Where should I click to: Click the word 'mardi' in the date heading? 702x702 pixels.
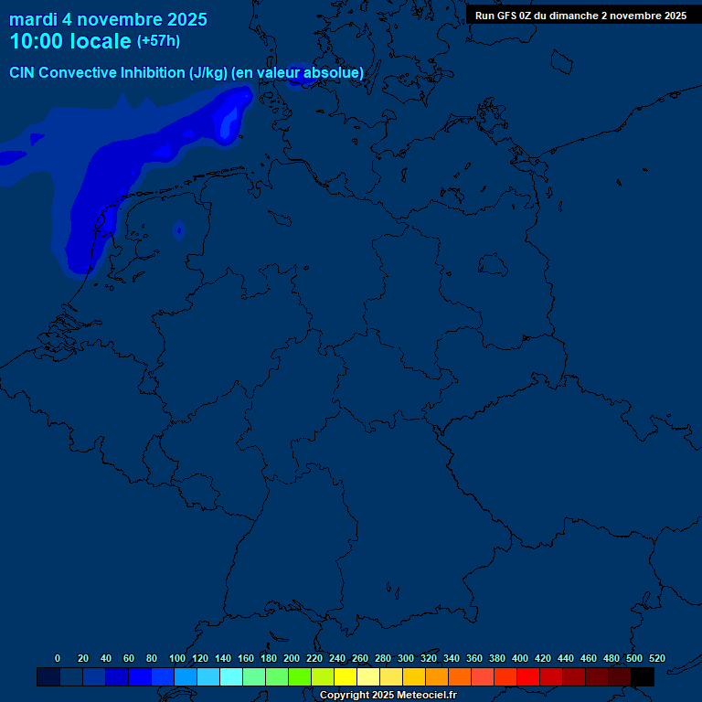(31, 19)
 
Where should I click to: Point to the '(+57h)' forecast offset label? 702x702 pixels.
(158, 41)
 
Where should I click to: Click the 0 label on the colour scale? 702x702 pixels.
(58, 658)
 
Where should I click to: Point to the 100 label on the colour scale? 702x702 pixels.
(177, 658)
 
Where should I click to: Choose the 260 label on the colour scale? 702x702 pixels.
(360, 658)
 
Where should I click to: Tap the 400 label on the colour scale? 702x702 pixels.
(520, 658)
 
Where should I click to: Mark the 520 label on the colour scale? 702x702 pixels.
(657, 658)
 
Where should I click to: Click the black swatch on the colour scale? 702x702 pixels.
(643, 676)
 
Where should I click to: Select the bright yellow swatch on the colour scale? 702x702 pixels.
(346, 676)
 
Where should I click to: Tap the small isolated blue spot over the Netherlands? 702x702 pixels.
(179, 229)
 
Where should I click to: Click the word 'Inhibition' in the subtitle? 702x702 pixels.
(153, 72)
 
